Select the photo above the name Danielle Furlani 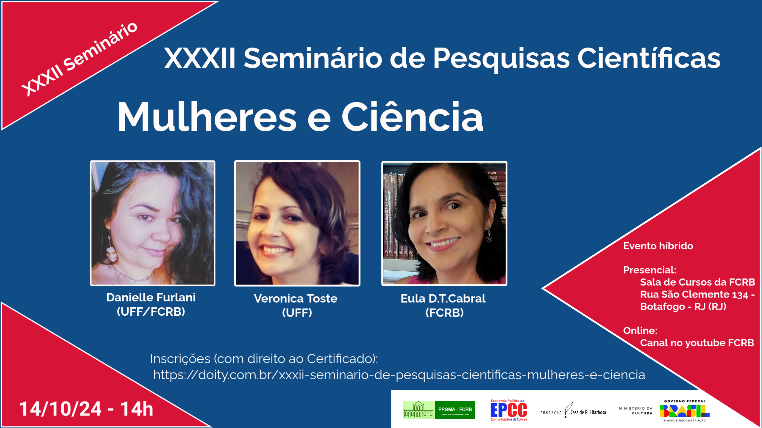coord(153,223)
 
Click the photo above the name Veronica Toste coord(297,223)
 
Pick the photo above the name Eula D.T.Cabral coord(444,223)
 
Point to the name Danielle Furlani coord(151,297)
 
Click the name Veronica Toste coord(296,298)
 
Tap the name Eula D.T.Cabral coord(443,298)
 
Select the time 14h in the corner coord(137,409)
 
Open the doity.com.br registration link coord(399,375)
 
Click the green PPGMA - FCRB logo coord(439,410)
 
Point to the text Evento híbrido coord(658,246)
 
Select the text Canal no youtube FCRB coord(697,343)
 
